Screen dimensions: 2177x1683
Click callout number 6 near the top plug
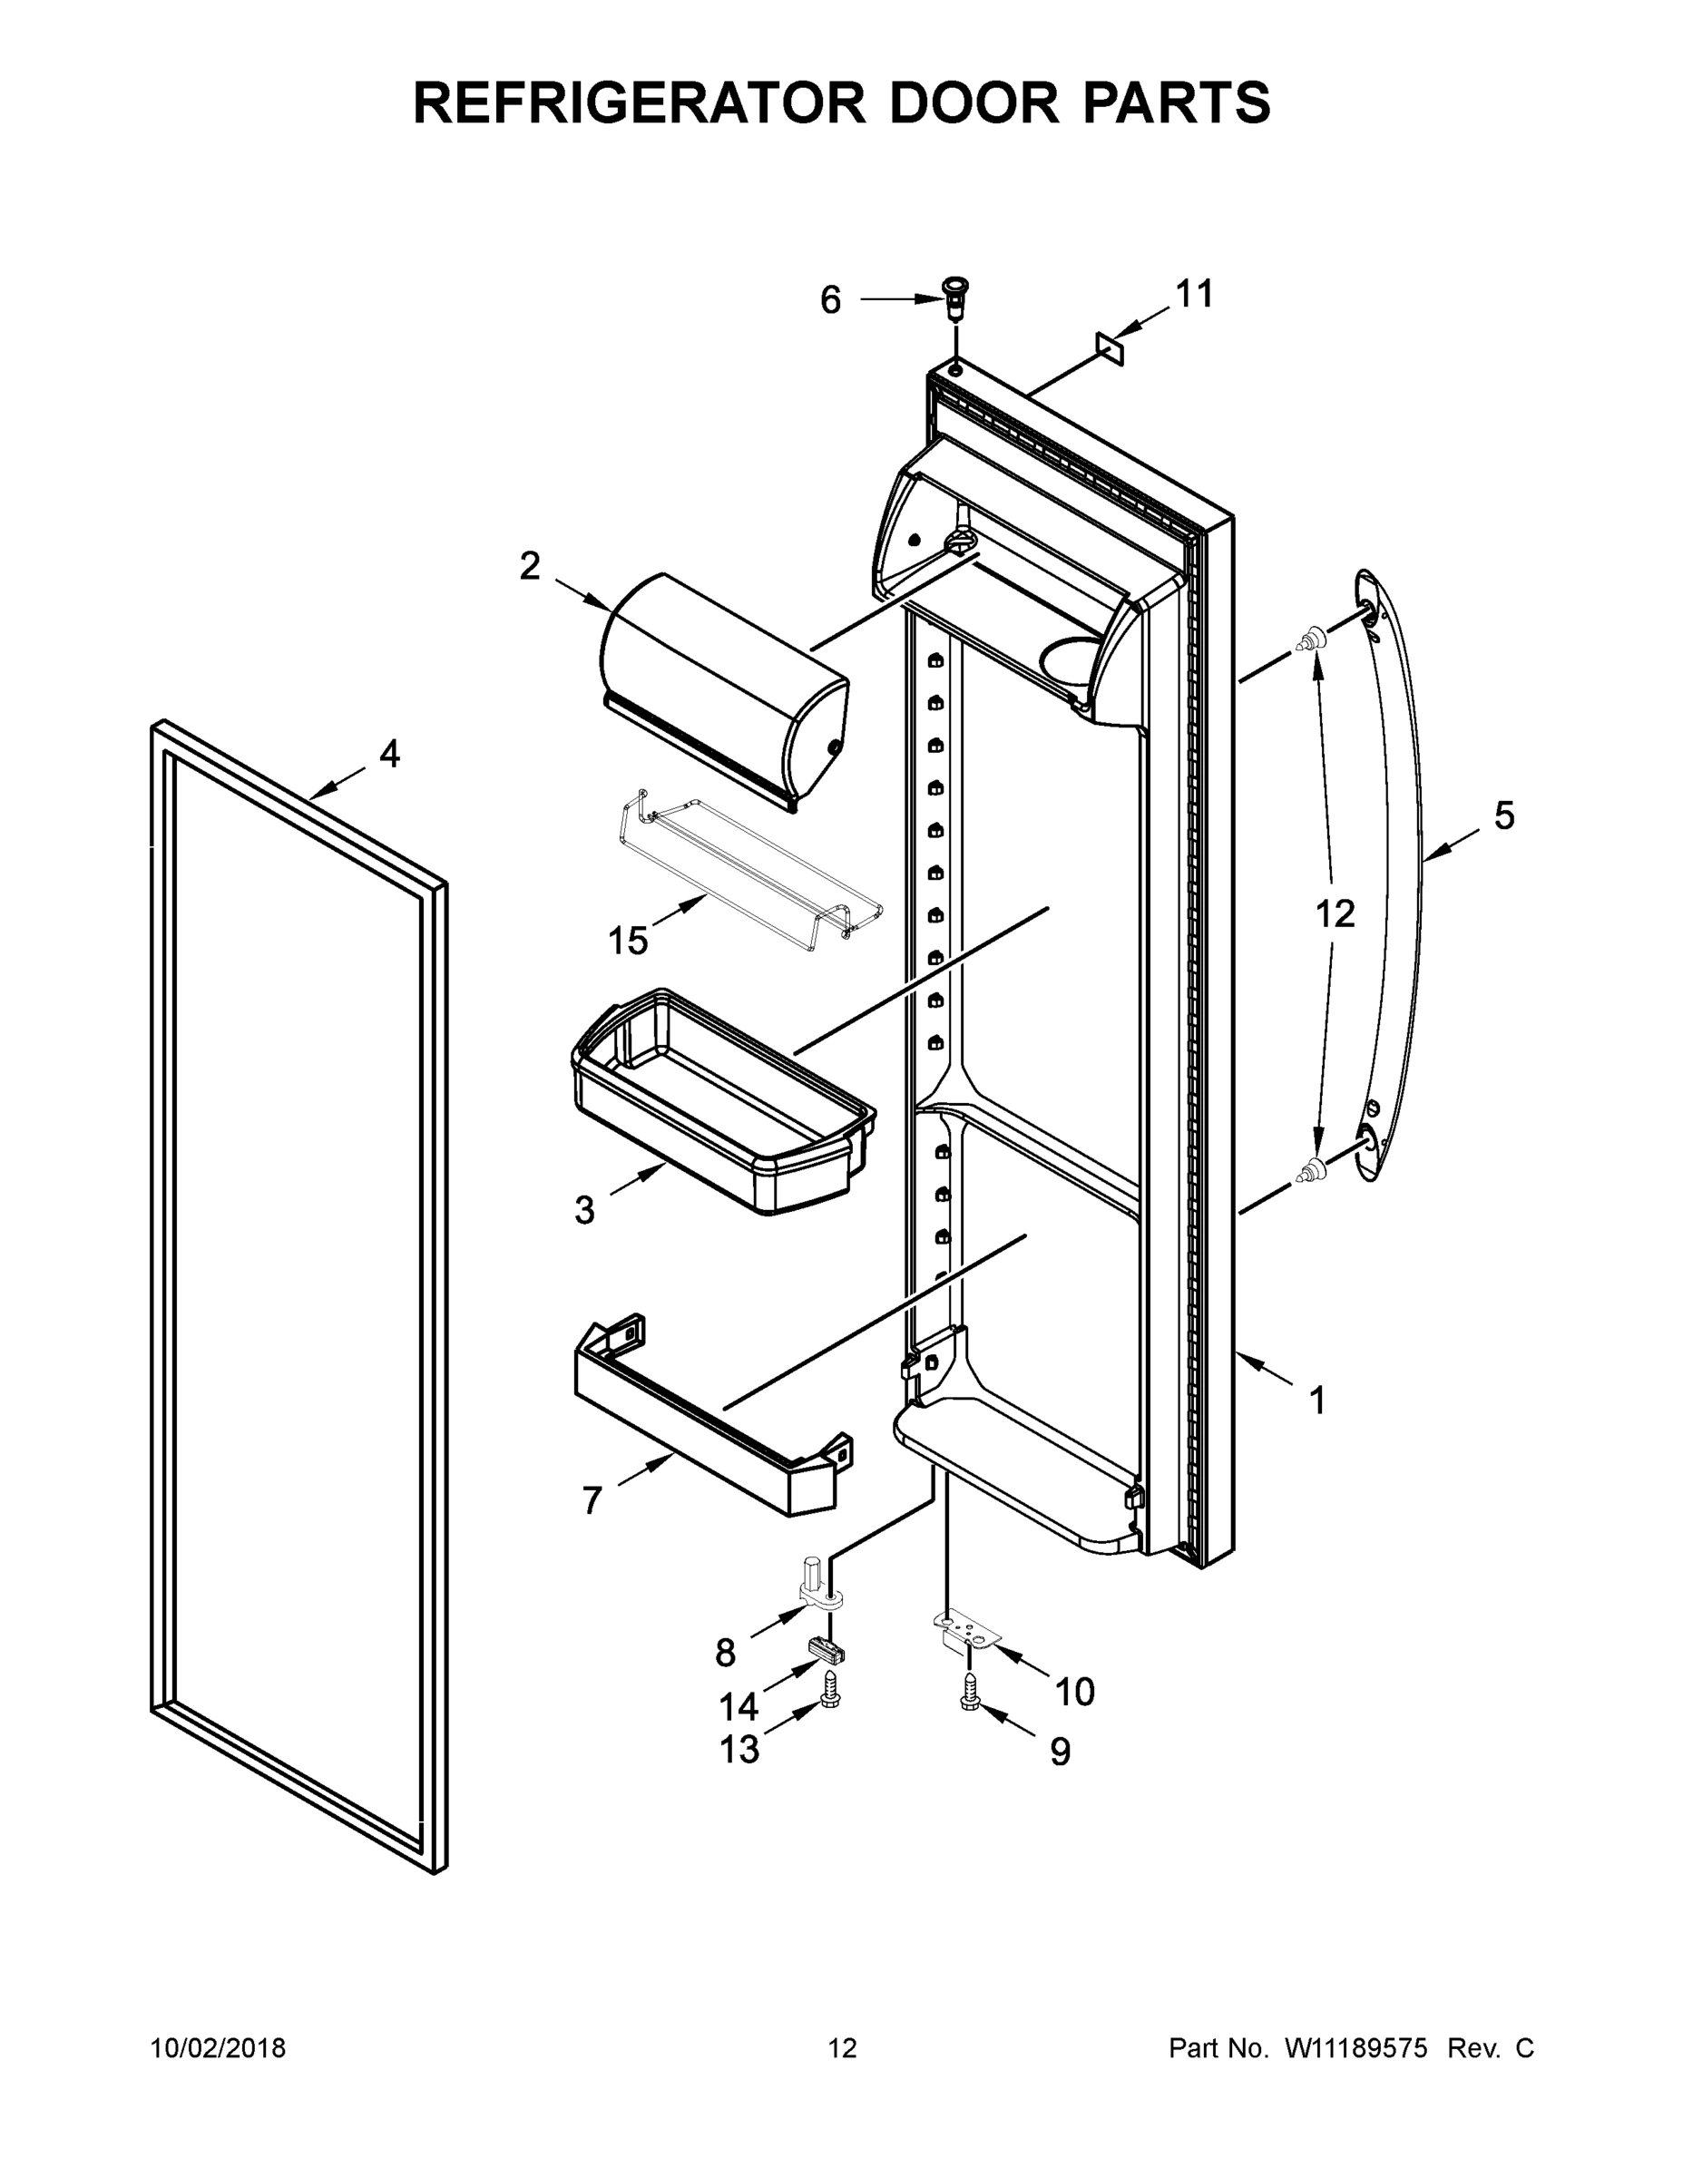pos(829,300)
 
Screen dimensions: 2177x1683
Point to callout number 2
pos(530,566)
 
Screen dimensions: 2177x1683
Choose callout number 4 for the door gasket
pos(389,754)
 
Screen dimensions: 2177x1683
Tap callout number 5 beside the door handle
pos(1503,815)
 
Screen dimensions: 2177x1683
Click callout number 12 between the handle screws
pos(1335,913)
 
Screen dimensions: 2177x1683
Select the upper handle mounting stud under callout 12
pos(1313,638)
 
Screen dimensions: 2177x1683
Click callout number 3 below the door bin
pos(584,1210)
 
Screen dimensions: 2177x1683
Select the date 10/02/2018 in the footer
pos(218,2047)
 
